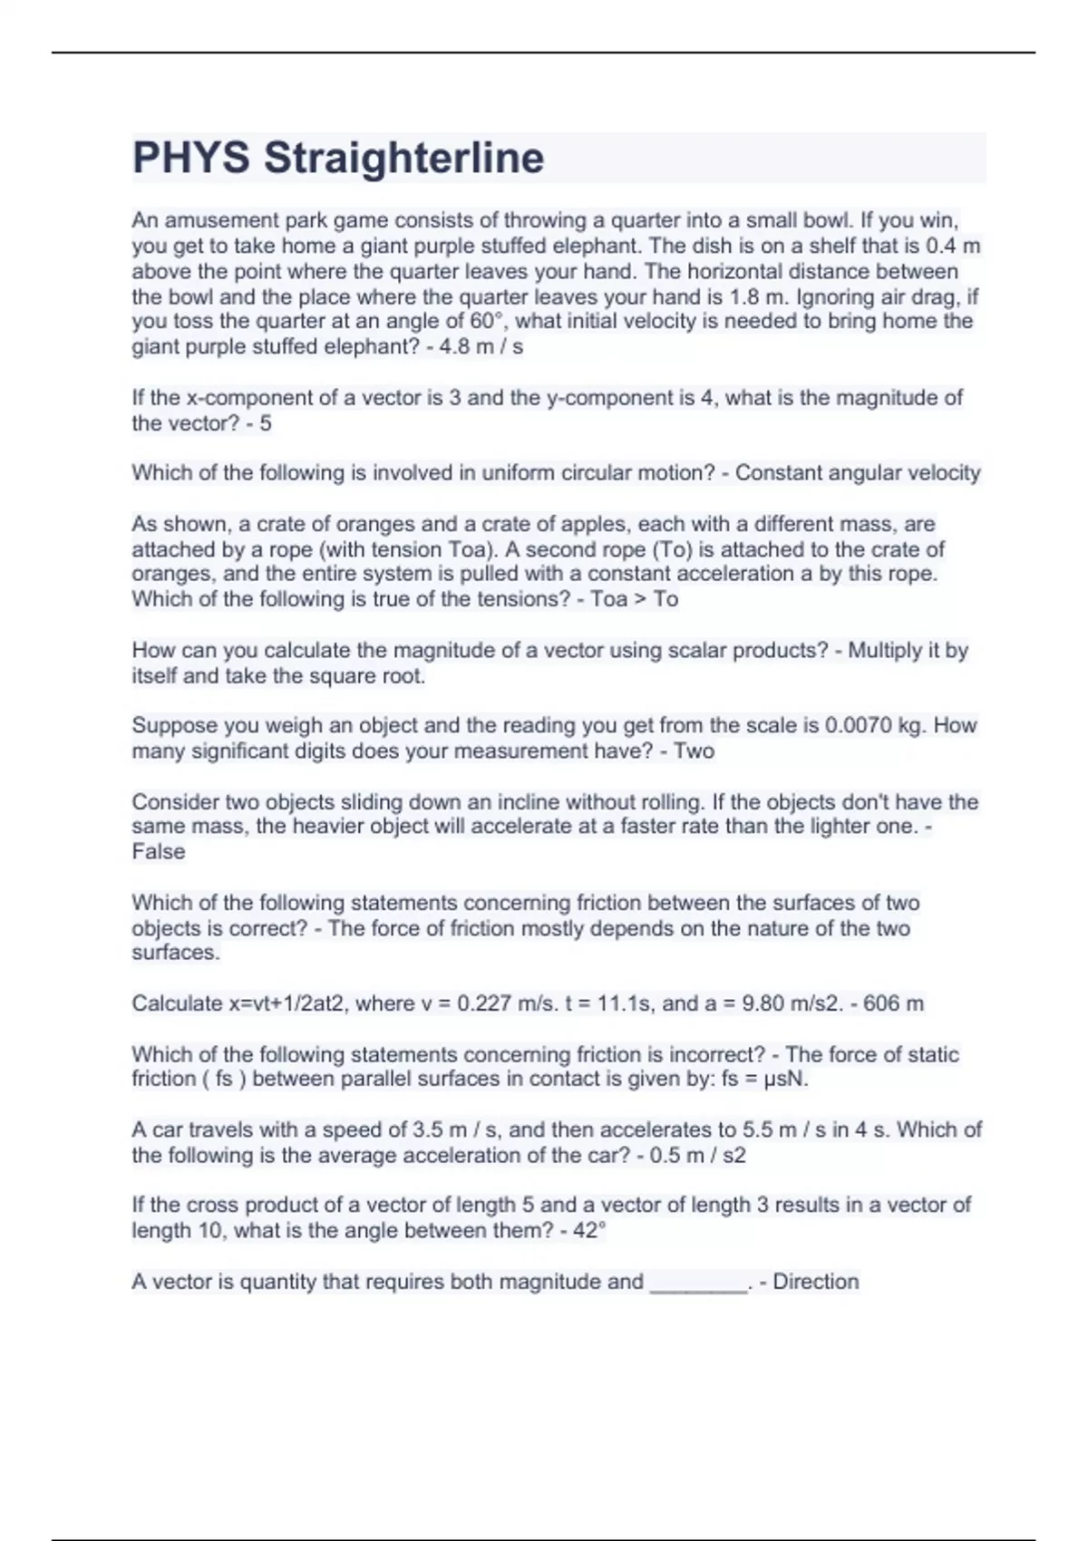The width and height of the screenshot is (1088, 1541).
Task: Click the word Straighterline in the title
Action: click(x=403, y=158)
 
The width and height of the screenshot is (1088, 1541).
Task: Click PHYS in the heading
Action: click(x=190, y=158)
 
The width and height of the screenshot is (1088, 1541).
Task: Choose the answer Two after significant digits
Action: click(x=694, y=751)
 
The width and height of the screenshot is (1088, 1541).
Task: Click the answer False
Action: click(x=159, y=852)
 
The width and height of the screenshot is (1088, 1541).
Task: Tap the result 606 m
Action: click(x=893, y=1003)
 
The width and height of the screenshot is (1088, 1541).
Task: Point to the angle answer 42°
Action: click(x=584, y=1231)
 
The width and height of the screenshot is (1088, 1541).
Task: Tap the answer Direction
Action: click(x=815, y=1282)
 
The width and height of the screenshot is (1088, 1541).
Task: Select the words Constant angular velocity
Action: click(x=858, y=473)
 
